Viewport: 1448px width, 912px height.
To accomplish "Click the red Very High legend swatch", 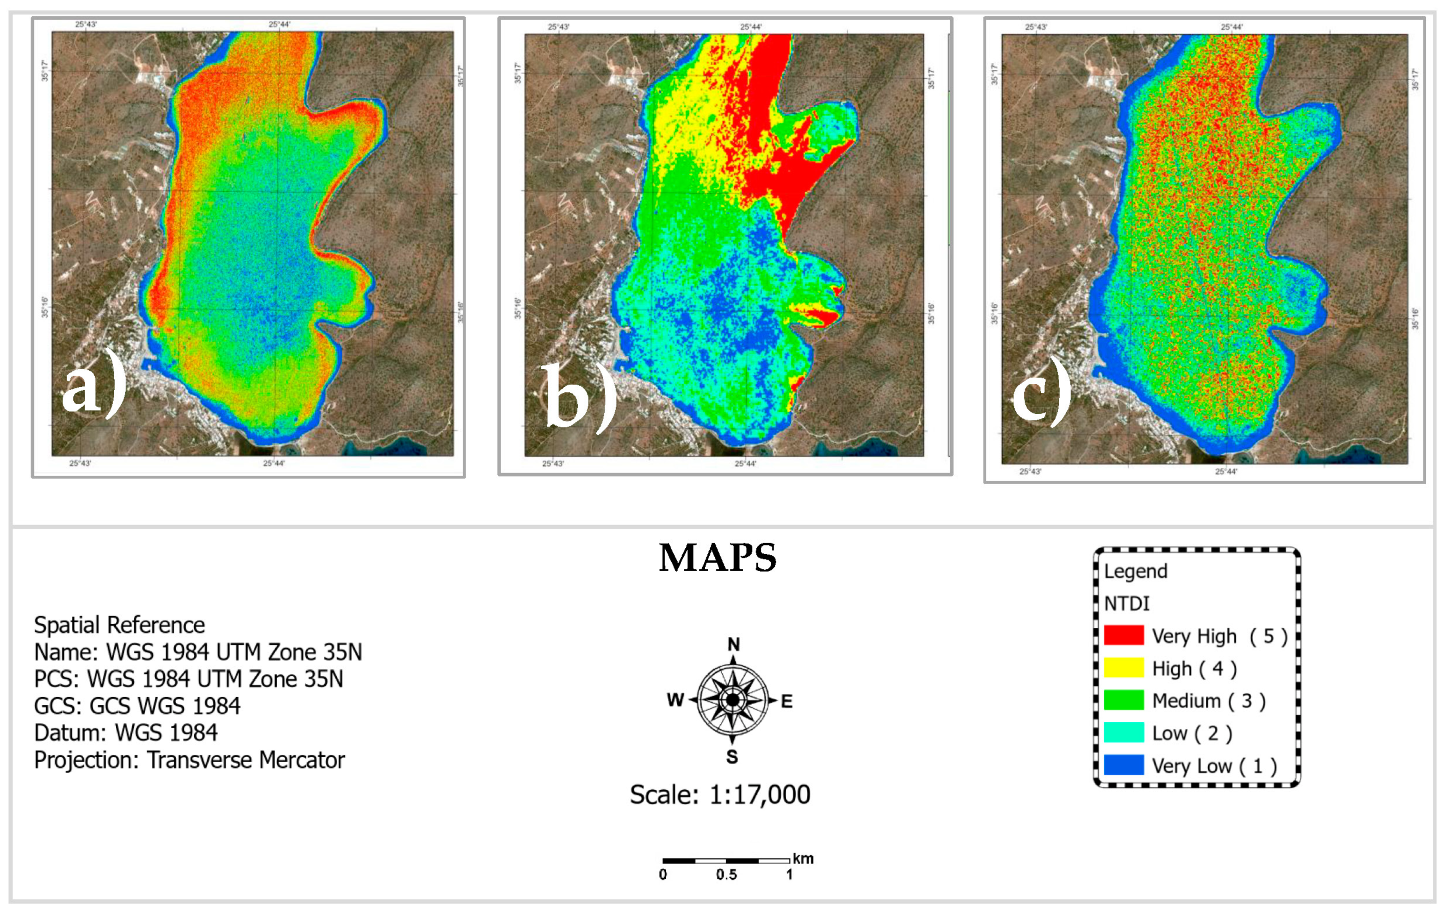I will [x=1123, y=635].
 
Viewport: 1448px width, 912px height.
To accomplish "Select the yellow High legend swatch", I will [x=1123, y=668].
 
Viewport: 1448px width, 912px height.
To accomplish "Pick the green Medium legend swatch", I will [x=1123, y=700].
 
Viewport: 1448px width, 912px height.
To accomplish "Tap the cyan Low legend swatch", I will [x=1123, y=733].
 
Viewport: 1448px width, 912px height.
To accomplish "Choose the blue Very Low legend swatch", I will [x=1123, y=765].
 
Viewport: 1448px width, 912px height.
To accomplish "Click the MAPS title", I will [x=717, y=558].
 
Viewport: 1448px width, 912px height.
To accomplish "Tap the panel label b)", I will [x=578, y=397].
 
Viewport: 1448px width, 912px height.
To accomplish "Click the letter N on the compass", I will [x=733, y=645].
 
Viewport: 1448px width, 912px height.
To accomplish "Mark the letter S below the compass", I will [x=732, y=757].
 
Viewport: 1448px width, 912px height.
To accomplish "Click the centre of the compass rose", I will [x=732, y=700].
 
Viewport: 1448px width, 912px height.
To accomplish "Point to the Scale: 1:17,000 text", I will [x=720, y=795].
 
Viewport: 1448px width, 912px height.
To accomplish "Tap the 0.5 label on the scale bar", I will [x=726, y=875].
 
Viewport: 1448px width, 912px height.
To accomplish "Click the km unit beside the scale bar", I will [x=803, y=859].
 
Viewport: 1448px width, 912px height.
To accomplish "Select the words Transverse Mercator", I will [x=245, y=760].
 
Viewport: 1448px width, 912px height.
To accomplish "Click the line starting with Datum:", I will [x=126, y=733].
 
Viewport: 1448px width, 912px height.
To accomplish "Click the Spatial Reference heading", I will [x=119, y=625].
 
